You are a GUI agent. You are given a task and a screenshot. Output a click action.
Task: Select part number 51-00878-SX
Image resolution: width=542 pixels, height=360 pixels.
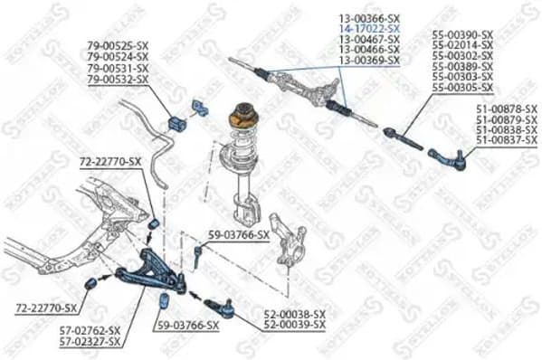[506, 109]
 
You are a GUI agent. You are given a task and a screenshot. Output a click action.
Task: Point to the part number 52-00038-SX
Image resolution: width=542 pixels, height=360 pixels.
[294, 314]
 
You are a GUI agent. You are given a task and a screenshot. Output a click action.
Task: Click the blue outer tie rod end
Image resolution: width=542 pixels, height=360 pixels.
[448, 159]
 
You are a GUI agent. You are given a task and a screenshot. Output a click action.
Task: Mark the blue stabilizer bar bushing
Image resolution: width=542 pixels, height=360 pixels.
[179, 119]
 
